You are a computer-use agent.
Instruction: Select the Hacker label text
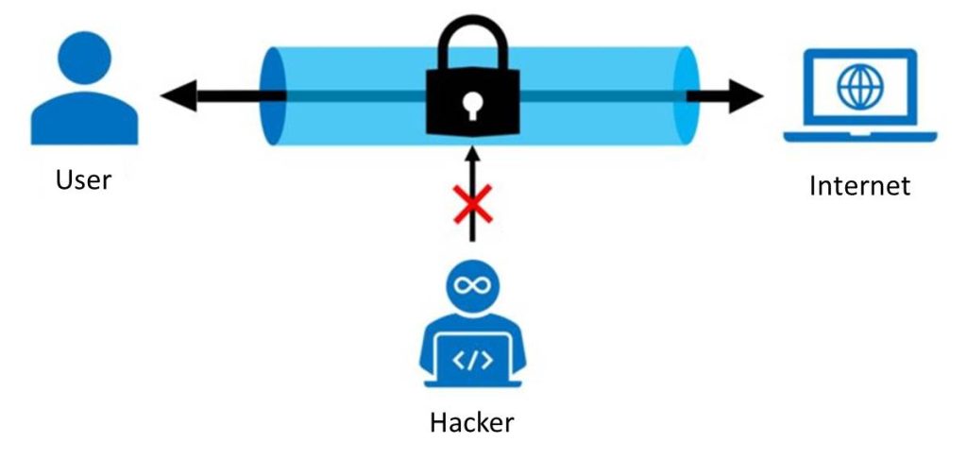471,420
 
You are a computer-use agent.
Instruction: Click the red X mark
473,203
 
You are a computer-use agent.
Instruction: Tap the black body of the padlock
444,118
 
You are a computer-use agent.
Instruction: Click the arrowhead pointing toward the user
178,95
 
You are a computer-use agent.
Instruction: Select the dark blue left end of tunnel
273,94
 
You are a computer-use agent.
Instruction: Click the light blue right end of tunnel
685,94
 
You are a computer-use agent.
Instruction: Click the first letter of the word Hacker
437,420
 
